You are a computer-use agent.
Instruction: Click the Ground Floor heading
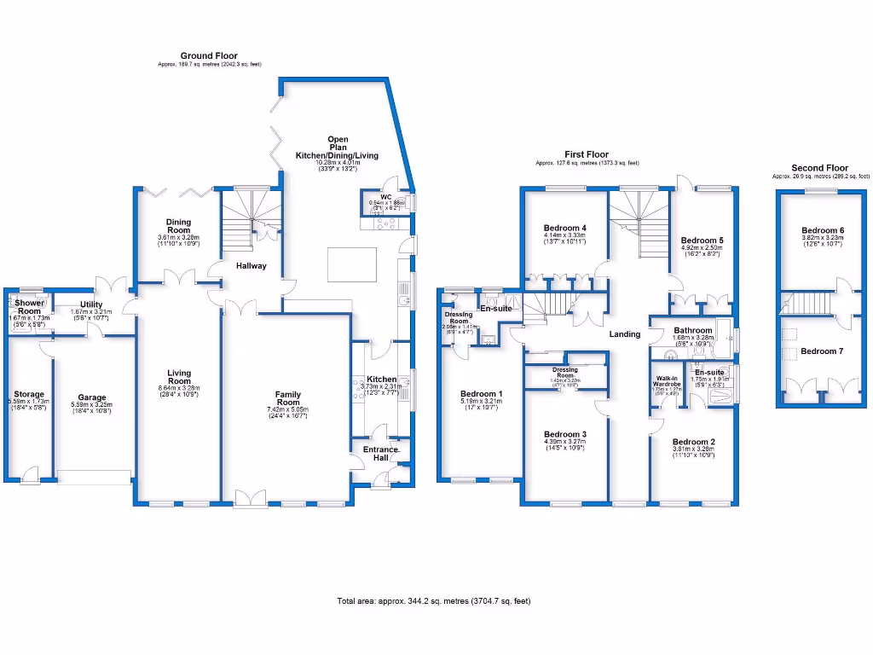(x=197, y=56)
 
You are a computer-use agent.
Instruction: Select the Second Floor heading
(x=819, y=168)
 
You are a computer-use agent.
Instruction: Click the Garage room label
(x=92, y=397)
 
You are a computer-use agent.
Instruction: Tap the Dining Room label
(x=178, y=225)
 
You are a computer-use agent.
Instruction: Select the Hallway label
(x=251, y=266)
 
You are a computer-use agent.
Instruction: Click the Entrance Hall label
(x=380, y=454)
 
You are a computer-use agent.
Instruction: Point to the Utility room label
(x=91, y=304)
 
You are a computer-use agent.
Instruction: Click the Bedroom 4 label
(x=565, y=228)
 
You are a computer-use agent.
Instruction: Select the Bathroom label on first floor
(x=692, y=330)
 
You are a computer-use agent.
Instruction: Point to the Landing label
(x=624, y=333)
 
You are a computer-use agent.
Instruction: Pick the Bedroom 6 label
(x=823, y=230)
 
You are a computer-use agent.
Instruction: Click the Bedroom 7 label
(x=823, y=351)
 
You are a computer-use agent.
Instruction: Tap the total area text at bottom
(x=434, y=601)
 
